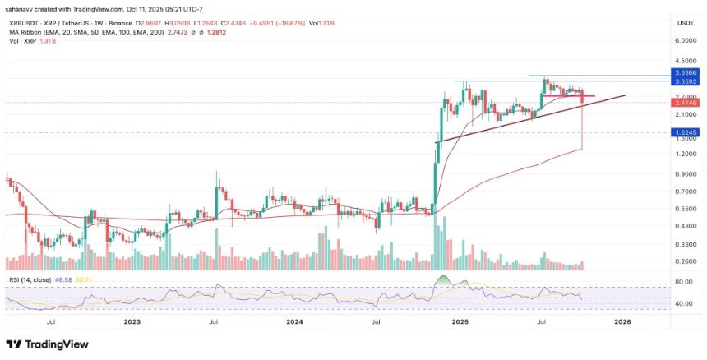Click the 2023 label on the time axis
pyautogui.click(x=133, y=323)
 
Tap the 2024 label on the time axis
pyautogui.click(x=295, y=323)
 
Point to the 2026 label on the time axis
pyautogui.click(x=622, y=323)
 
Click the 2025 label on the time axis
pyautogui.click(x=459, y=323)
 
